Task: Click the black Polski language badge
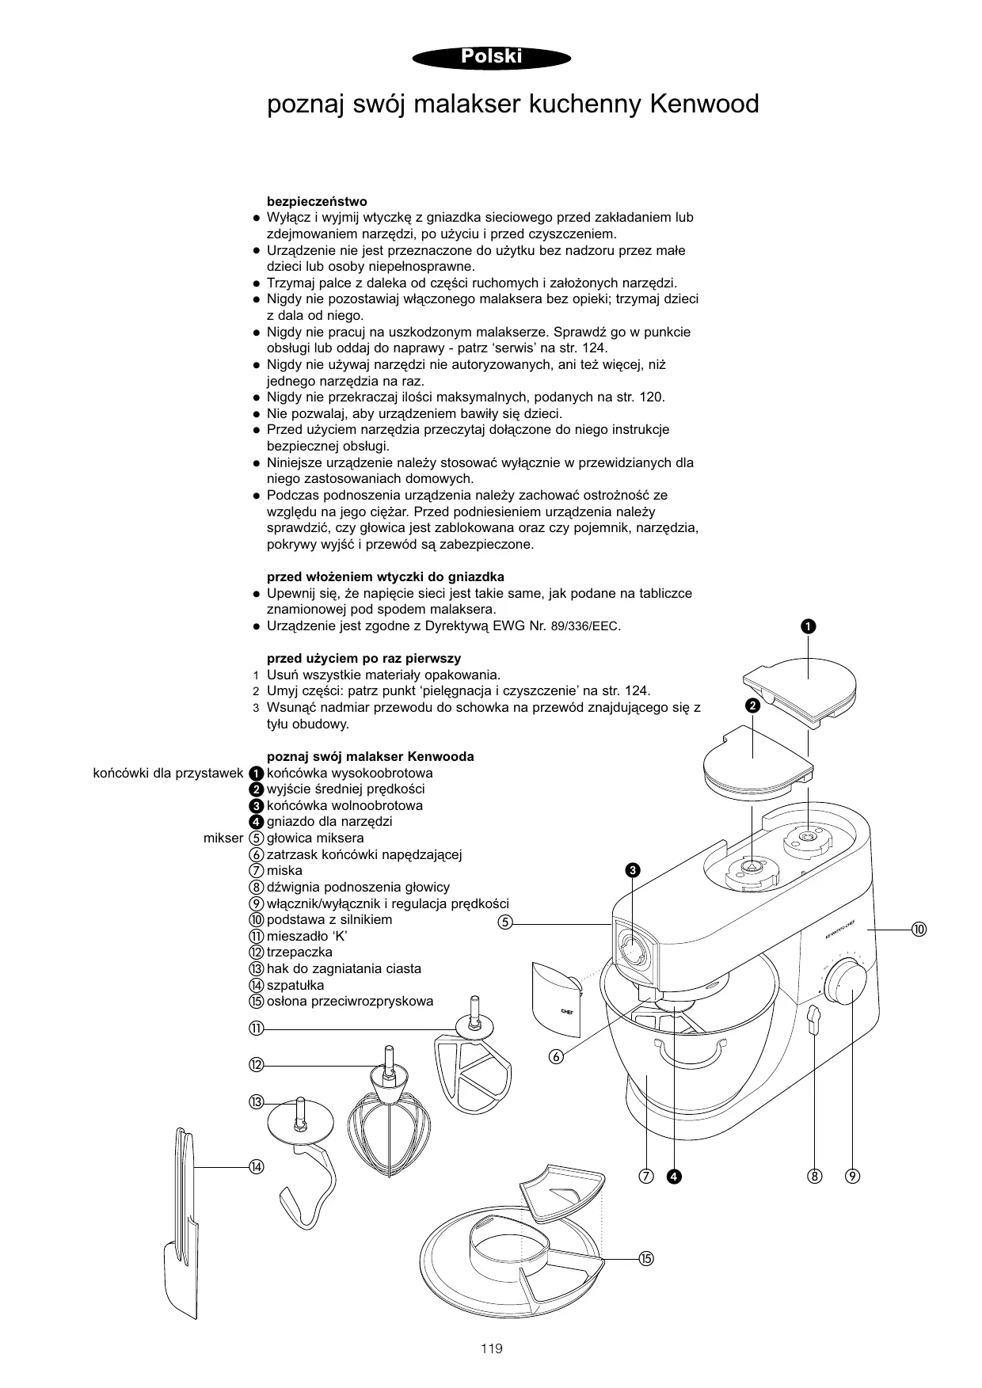click(x=491, y=57)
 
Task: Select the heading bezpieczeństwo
click(x=317, y=201)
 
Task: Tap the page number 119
click(x=491, y=1348)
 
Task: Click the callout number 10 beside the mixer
click(x=919, y=929)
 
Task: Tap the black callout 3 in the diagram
click(x=632, y=871)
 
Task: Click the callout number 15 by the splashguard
click(x=646, y=1258)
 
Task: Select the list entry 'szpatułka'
click(x=295, y=985)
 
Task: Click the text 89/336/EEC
click(x=585, y=626)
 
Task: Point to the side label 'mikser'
click(x=223, y=838)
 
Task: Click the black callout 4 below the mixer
click(x=673, y=1175)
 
